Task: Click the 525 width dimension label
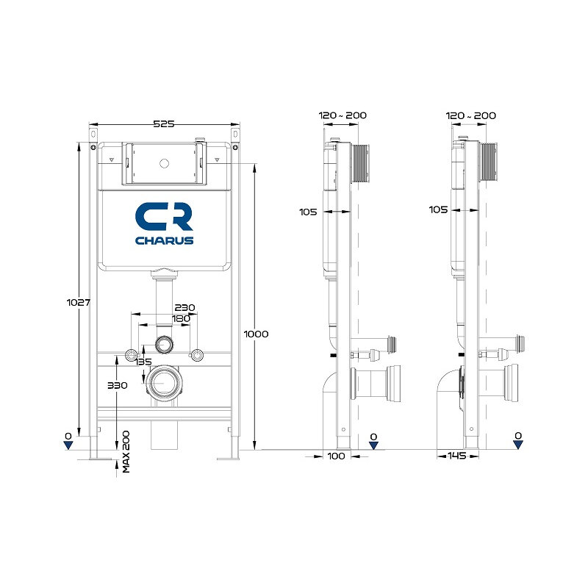pos(164,123)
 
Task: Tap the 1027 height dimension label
pos(79,302)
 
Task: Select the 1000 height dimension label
pos(256,334)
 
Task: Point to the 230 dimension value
pos(185,307)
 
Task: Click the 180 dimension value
pos(181,318)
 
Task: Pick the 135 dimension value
pos(143,362)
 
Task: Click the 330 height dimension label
pos(118,385)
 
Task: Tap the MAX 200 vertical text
pos(126,451)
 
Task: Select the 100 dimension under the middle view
pos(337,456)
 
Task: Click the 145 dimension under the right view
pos(456,456)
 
